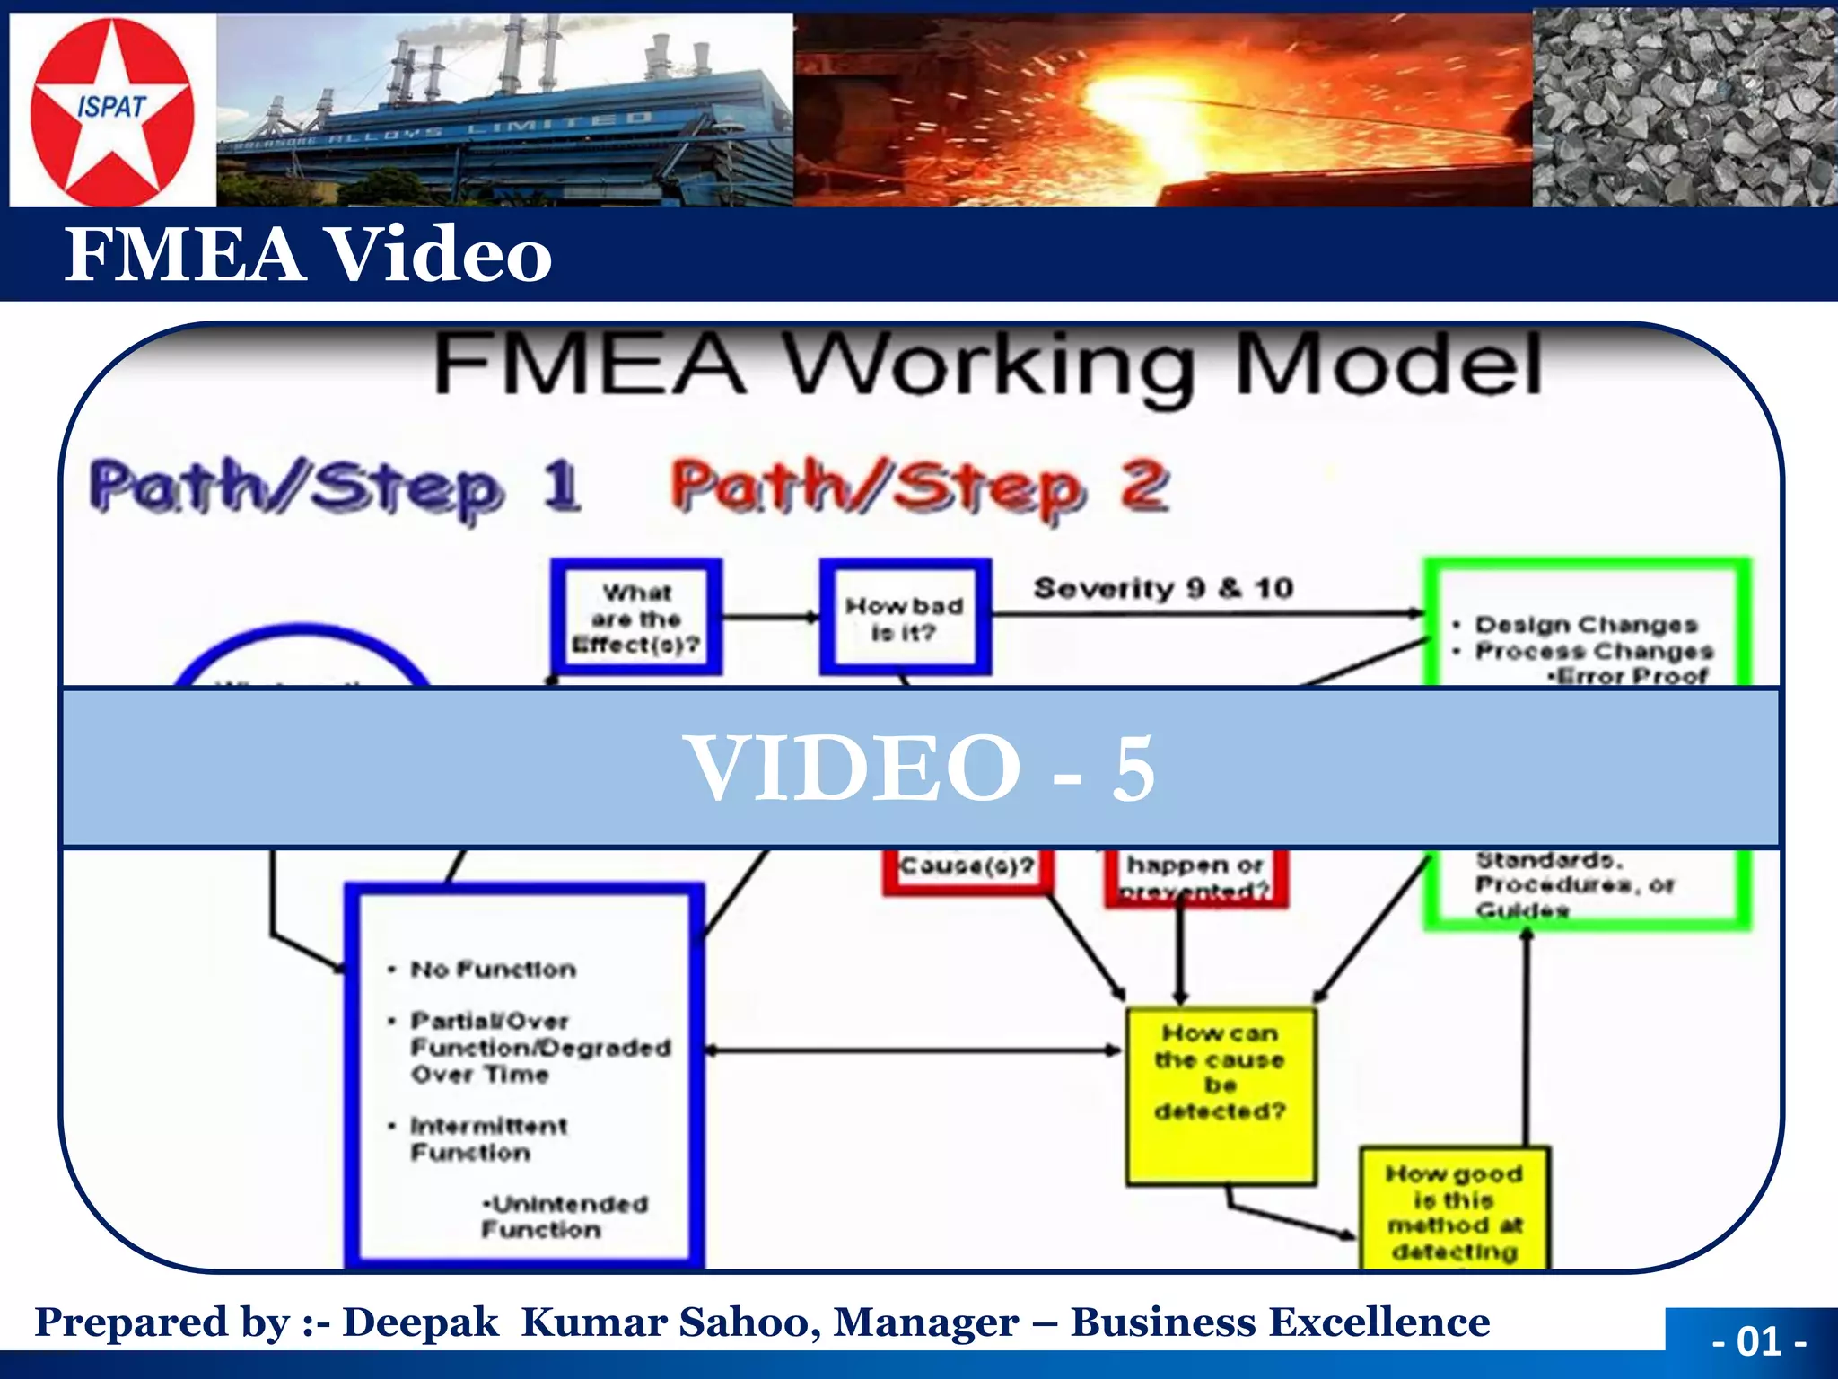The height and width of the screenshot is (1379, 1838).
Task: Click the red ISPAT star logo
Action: tap(112, 110)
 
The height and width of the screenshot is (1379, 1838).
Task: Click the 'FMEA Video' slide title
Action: tap(308, 254)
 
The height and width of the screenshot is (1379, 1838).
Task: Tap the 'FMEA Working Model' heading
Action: tap(987, 365)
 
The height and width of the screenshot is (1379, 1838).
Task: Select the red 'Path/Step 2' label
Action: tap(920, 487)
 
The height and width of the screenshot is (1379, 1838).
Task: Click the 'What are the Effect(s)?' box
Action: tap(636, 618)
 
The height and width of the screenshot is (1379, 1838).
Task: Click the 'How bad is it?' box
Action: tap(905, 618)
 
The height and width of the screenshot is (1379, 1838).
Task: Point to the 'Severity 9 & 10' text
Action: tap(1163, 589)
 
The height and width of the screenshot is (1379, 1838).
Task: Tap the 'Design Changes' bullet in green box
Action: tap(1586, 625)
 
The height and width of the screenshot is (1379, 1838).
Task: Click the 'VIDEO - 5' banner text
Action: tap(919, 769)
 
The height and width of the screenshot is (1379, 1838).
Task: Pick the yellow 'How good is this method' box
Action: tap(1454, 1211)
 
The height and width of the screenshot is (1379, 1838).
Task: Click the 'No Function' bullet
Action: tap(493, 970)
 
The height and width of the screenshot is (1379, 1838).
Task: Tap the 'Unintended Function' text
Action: tap(564, 1217)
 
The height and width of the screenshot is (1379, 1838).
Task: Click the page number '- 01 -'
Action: tap(1759, 1341)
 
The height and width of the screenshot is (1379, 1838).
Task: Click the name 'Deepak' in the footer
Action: tap(420, 1322)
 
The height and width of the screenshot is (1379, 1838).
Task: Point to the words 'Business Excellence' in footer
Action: tap(1280, 1322)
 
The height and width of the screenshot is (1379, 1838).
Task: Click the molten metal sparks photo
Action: tap(1162, 110)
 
